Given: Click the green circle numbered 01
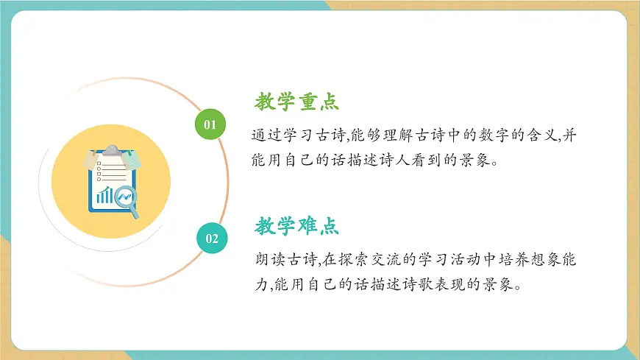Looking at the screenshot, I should (210, 124).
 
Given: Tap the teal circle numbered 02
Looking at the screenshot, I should (211, 238).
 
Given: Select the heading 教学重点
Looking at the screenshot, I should (297, 102).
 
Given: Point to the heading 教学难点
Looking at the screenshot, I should (297, 226).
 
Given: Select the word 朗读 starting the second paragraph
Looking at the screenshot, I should (266, 259).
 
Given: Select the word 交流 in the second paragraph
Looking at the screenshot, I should (383, 259).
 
